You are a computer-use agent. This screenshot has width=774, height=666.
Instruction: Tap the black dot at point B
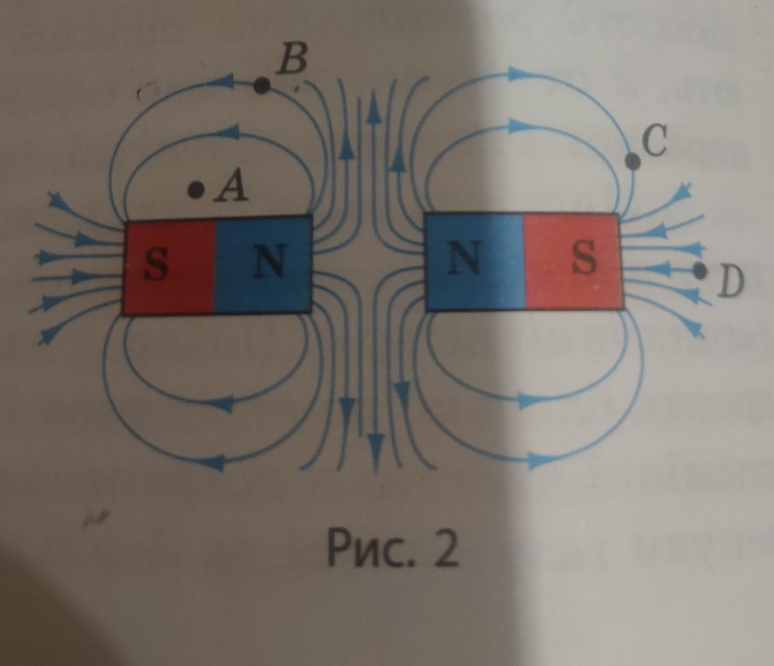262,85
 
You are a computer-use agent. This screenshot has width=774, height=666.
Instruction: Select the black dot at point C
633,161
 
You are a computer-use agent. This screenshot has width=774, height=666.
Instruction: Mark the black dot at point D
700,270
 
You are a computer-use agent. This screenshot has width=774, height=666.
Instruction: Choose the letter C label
654,141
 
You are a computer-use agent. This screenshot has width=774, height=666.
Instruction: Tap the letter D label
731,283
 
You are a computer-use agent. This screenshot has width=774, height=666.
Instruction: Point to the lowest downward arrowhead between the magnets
374,446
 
